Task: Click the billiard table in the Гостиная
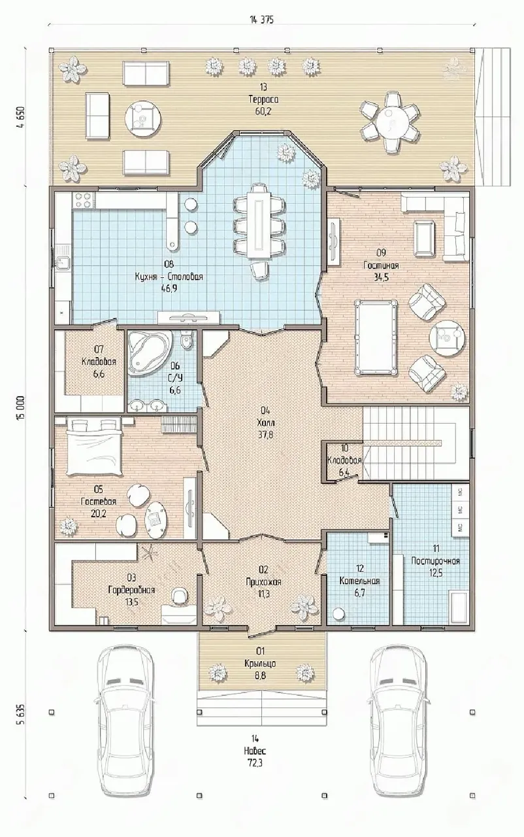pyautogui.click(x=376, y=336)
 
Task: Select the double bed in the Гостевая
pyautogui.click(x=95, y=447)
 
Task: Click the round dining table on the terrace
pyautogui.click(x=389, y=122)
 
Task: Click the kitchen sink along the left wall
pyautogui.click(x=62, y=257)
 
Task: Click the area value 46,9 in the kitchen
pyautogui.click(x=169, y=288)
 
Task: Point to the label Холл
pyautogui.click(x=265, y=422)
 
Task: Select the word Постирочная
pyautogui.click(x=436, y=561)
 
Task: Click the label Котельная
pyautogui.click(x=359, y=581)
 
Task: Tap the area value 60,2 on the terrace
pyautogui.click(x=263, y=111)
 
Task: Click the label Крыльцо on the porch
pyautogui.click(x=260, y=663)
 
